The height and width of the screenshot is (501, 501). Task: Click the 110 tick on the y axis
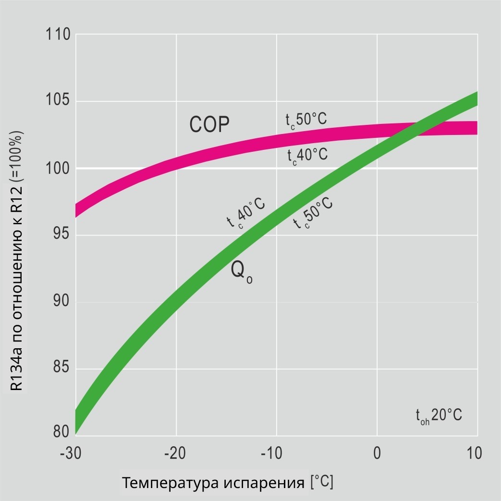click(58, 35)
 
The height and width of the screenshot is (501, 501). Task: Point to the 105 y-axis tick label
click(58, 102)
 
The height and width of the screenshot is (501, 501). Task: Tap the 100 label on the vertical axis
click(58, 169)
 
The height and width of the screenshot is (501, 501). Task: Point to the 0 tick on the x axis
click(377, 453)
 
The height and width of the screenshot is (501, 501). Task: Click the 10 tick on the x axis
click(474, 453)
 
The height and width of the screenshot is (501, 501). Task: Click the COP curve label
click(209, 125)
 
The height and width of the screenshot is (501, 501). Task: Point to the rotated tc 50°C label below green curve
click(313, 212)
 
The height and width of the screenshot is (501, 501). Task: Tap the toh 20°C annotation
click(439, 415)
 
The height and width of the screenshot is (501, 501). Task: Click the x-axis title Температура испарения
click(213, 483)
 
